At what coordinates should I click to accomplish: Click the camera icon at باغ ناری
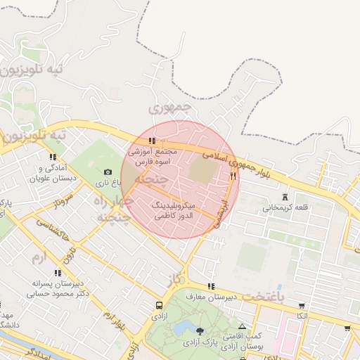pyautogui.click(x=108, y=172)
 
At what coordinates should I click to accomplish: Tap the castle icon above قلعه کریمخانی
pyautogui.click(x=285, y=197)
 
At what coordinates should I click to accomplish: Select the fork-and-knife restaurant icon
pyautogui.click(x=233, y=175)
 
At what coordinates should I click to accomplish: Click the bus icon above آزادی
pyautogui.click(x=160, y=307)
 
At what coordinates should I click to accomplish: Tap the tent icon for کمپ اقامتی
pyautogui.click(x=243, y=327)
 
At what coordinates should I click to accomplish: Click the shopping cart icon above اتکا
pyautogui.click(x=302, y=306)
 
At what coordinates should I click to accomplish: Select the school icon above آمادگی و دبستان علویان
pyautogui.click(x=52, y=157)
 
